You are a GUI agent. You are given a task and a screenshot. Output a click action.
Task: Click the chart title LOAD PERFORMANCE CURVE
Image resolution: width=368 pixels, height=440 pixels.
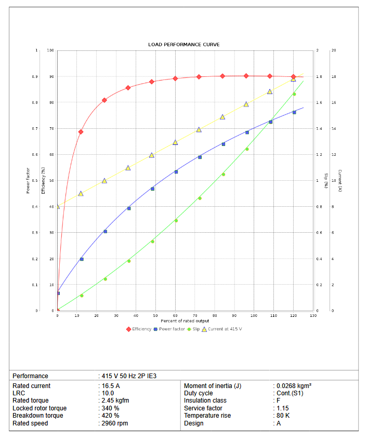(x=184, y=45)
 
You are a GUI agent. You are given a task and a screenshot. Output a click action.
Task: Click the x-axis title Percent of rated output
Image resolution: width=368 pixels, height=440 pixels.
(x=185, y=321)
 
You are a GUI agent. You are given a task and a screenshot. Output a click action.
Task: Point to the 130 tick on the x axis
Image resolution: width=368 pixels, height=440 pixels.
(x=313, y=315)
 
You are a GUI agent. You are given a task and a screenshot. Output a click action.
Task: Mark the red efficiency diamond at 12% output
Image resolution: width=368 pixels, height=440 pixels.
(x=81, y=131)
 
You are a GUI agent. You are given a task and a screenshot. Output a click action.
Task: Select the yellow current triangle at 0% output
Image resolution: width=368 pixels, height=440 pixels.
(x=57, y=206)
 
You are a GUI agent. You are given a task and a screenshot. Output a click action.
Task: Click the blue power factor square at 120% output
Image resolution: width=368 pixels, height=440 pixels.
(x=294, y=112)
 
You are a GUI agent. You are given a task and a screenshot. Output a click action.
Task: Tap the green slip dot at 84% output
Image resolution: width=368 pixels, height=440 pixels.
(x=224, y=174)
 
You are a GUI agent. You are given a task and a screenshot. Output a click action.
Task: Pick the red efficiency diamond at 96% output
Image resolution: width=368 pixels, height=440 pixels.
(x=246, y=76)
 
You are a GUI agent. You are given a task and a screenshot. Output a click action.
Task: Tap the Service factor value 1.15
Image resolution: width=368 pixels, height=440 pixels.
(x=283, y=408)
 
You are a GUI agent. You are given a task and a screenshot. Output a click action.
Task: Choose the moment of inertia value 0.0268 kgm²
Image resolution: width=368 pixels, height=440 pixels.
(x=293, y=386)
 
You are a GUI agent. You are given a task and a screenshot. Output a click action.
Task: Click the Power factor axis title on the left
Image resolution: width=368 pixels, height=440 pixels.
(x=28, y=180)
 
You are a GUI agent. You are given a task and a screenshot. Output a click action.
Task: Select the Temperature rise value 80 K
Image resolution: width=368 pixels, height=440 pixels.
(x=283, y=416)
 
